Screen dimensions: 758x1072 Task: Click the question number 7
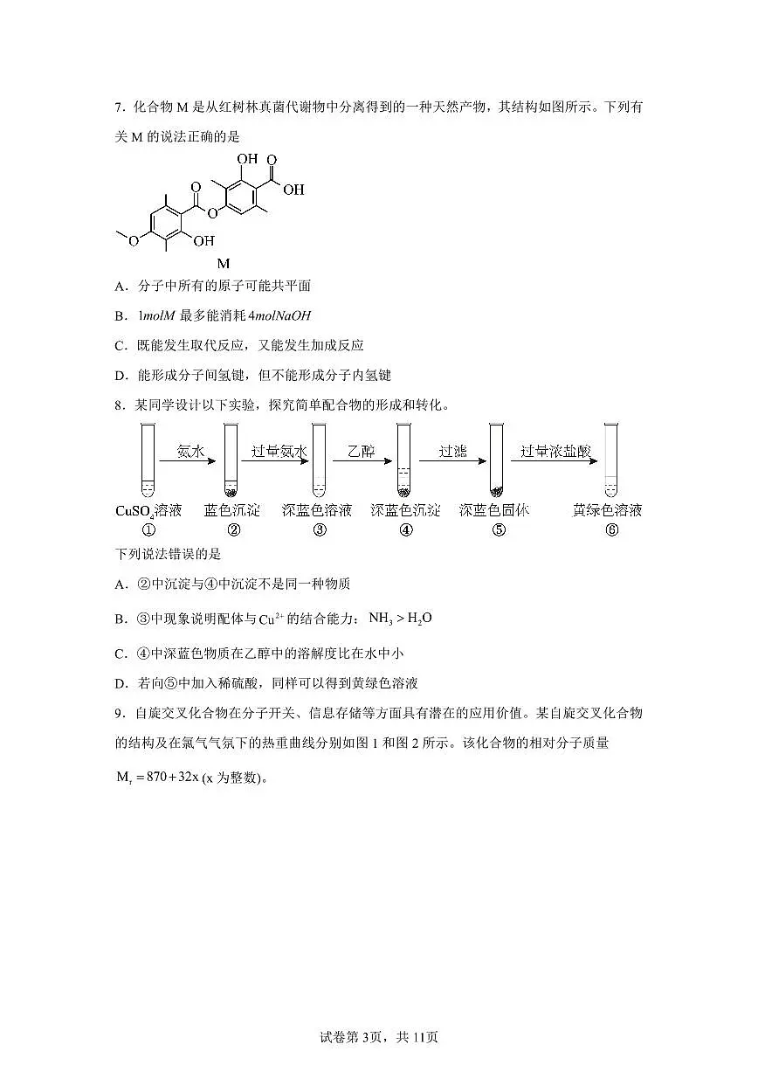pyautogui.click(x=119, y=107)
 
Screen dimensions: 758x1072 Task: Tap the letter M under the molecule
pyautogui.click(x=224, y=263)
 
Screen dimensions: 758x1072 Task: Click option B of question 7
pyautogui.click(x=213, y=316)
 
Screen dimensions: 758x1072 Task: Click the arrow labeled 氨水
pyautogui.click(x=188, y=461)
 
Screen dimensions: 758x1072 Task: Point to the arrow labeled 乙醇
pyautogui.click(x=362, y=461)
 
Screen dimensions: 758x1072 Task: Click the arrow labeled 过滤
pyautogui.click(x=452, y=461)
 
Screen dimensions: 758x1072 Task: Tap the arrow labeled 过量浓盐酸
pyautogui.click(x=555, y=461)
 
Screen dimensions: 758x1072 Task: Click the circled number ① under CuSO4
pyautogui.click(x=148, y=530)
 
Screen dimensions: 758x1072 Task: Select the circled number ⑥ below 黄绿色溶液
pyautogui.click(x=611, y=530)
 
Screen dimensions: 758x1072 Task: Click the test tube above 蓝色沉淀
pyautogui.click(x=231, y=460)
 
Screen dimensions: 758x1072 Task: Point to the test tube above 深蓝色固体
pyautogui.click(x=496, y=460)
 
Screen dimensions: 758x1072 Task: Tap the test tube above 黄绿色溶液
pyautogui.click(x=610, y=460)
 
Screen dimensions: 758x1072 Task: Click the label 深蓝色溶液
pyautogui.click(x=317, y=510)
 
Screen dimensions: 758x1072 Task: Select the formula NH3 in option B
pyautogui.click(x=381, y=619)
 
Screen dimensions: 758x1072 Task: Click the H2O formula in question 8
pyautogui.click(x=419, y=619)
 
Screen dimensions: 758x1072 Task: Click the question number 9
pyautogui.click(x=119, y=714)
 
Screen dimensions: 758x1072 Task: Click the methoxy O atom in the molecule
pyautogui.click(x=134, y=241)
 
